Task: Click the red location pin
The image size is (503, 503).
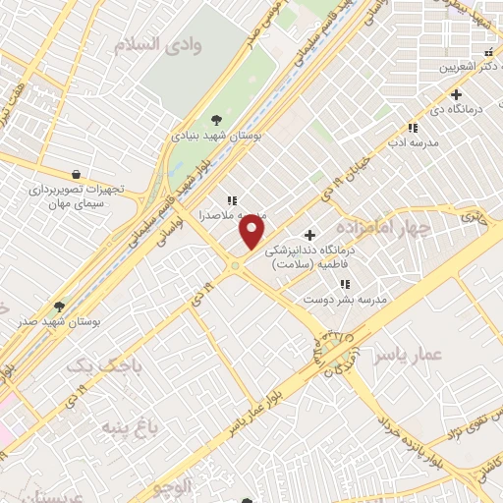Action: pyautogui.click(x=252, y=232)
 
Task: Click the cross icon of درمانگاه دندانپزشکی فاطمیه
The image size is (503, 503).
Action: pyautogui.click(x=310, y=235)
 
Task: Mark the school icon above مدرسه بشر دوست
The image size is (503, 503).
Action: pyautogui.click(x=344, y=284)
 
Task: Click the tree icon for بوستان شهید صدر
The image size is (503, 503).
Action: pyautogui.click(x=60, y=307)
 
